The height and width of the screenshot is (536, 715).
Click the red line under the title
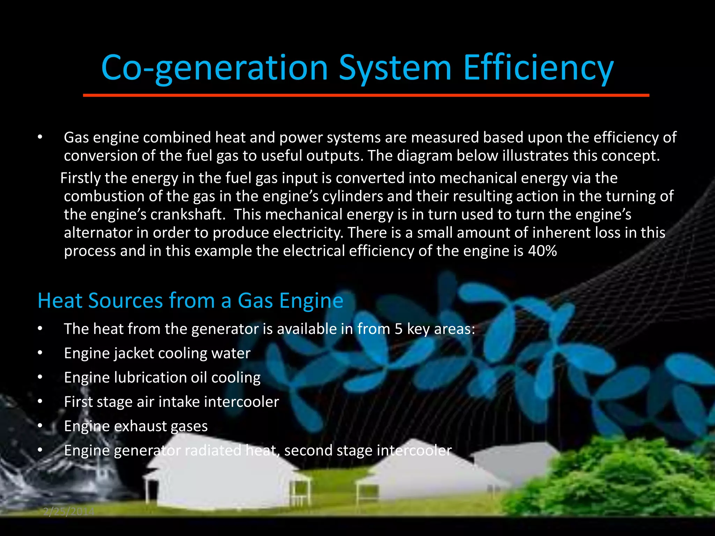coord(366,95)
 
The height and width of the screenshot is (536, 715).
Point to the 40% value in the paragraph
coord(543,251)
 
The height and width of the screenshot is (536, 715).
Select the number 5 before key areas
coord(399,329)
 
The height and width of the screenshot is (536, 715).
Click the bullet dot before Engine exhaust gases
coord(40,426)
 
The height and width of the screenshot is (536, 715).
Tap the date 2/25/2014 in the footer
coord(68,512)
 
